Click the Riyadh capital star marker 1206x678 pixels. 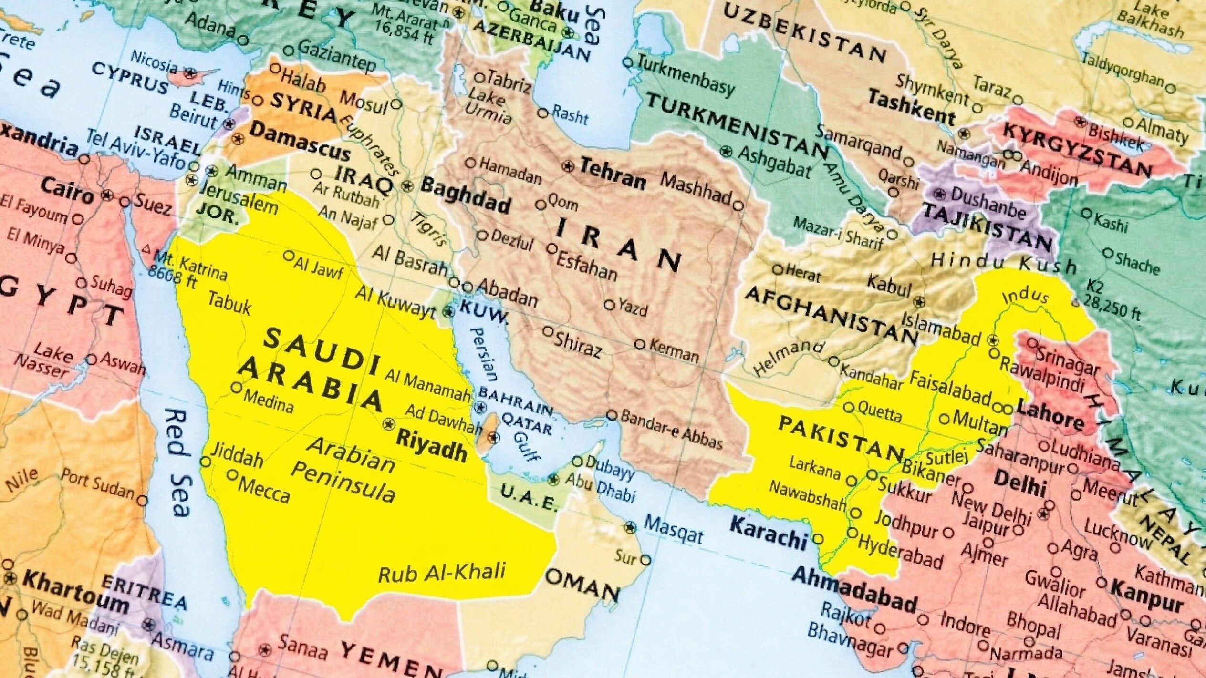click(x=389, y=423)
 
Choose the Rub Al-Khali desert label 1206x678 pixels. click(x=441, y=573)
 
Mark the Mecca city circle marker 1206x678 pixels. click(x=232, y=475)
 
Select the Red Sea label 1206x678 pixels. click(x=177, y=462)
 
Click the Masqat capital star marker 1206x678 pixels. click(x=631, y=527)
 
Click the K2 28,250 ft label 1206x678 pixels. click(x=1112, y=305)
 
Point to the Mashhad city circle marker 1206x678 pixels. click(x=738, y=206)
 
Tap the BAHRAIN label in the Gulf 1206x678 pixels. click(x=515, y=400)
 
